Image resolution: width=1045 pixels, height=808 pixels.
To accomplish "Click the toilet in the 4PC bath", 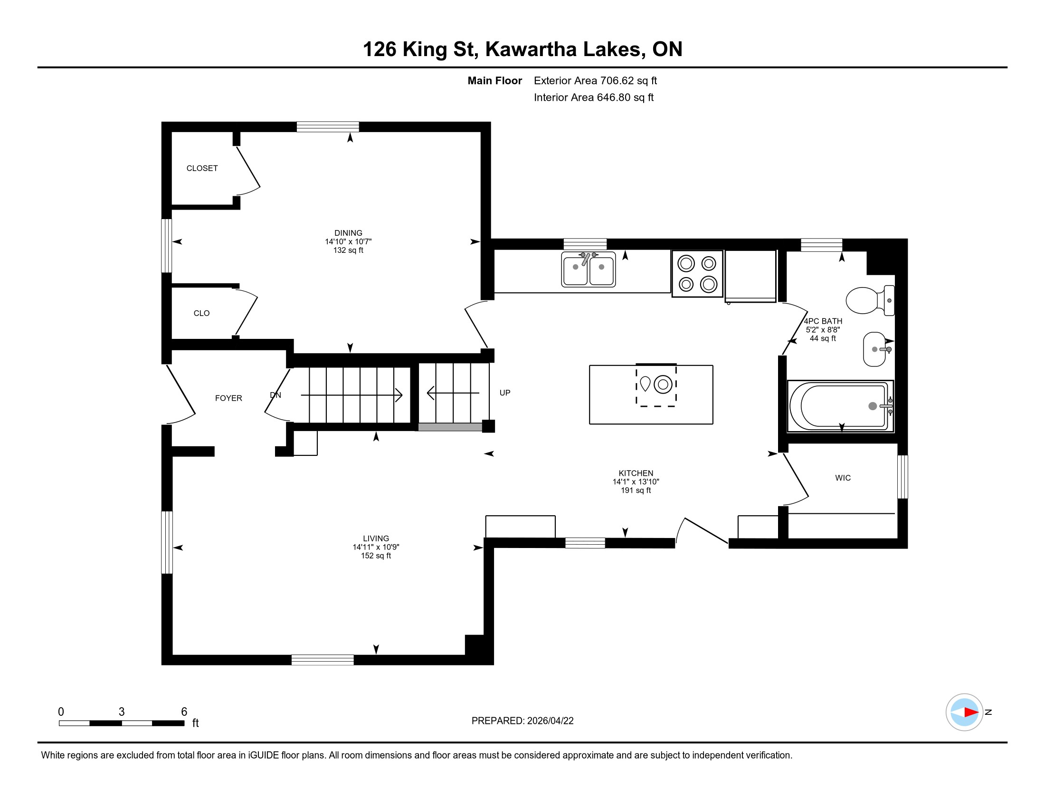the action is coord(869,300).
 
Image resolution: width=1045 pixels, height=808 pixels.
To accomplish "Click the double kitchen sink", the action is coord(589,269).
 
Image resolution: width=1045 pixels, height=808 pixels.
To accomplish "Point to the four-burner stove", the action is coord(697,274).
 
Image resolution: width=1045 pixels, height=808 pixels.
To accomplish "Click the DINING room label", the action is coord(348,233).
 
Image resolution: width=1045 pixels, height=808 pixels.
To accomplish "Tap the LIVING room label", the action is coord(376,539).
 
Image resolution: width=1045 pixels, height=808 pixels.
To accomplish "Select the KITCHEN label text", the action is coord(636,473).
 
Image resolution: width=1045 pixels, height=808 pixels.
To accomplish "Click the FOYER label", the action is coord(229,398).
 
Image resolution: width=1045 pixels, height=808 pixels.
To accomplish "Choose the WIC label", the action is coord(843,478).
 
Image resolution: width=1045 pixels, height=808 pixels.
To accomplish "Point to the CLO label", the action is coord(201,313).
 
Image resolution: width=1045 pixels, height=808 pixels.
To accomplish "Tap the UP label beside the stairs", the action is coord(505,393).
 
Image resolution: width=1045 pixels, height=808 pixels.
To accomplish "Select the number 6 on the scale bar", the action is coord(184,712).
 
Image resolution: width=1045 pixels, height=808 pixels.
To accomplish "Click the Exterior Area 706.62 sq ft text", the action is coord(595,81).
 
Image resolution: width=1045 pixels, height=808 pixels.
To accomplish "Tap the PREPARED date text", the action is coord(522,721).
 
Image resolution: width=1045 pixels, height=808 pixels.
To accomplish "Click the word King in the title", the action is coord(424,50).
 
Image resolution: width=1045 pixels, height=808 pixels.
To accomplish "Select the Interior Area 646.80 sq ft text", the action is coord(594,97).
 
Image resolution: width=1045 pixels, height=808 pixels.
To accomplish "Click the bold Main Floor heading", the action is coord(495,81).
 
